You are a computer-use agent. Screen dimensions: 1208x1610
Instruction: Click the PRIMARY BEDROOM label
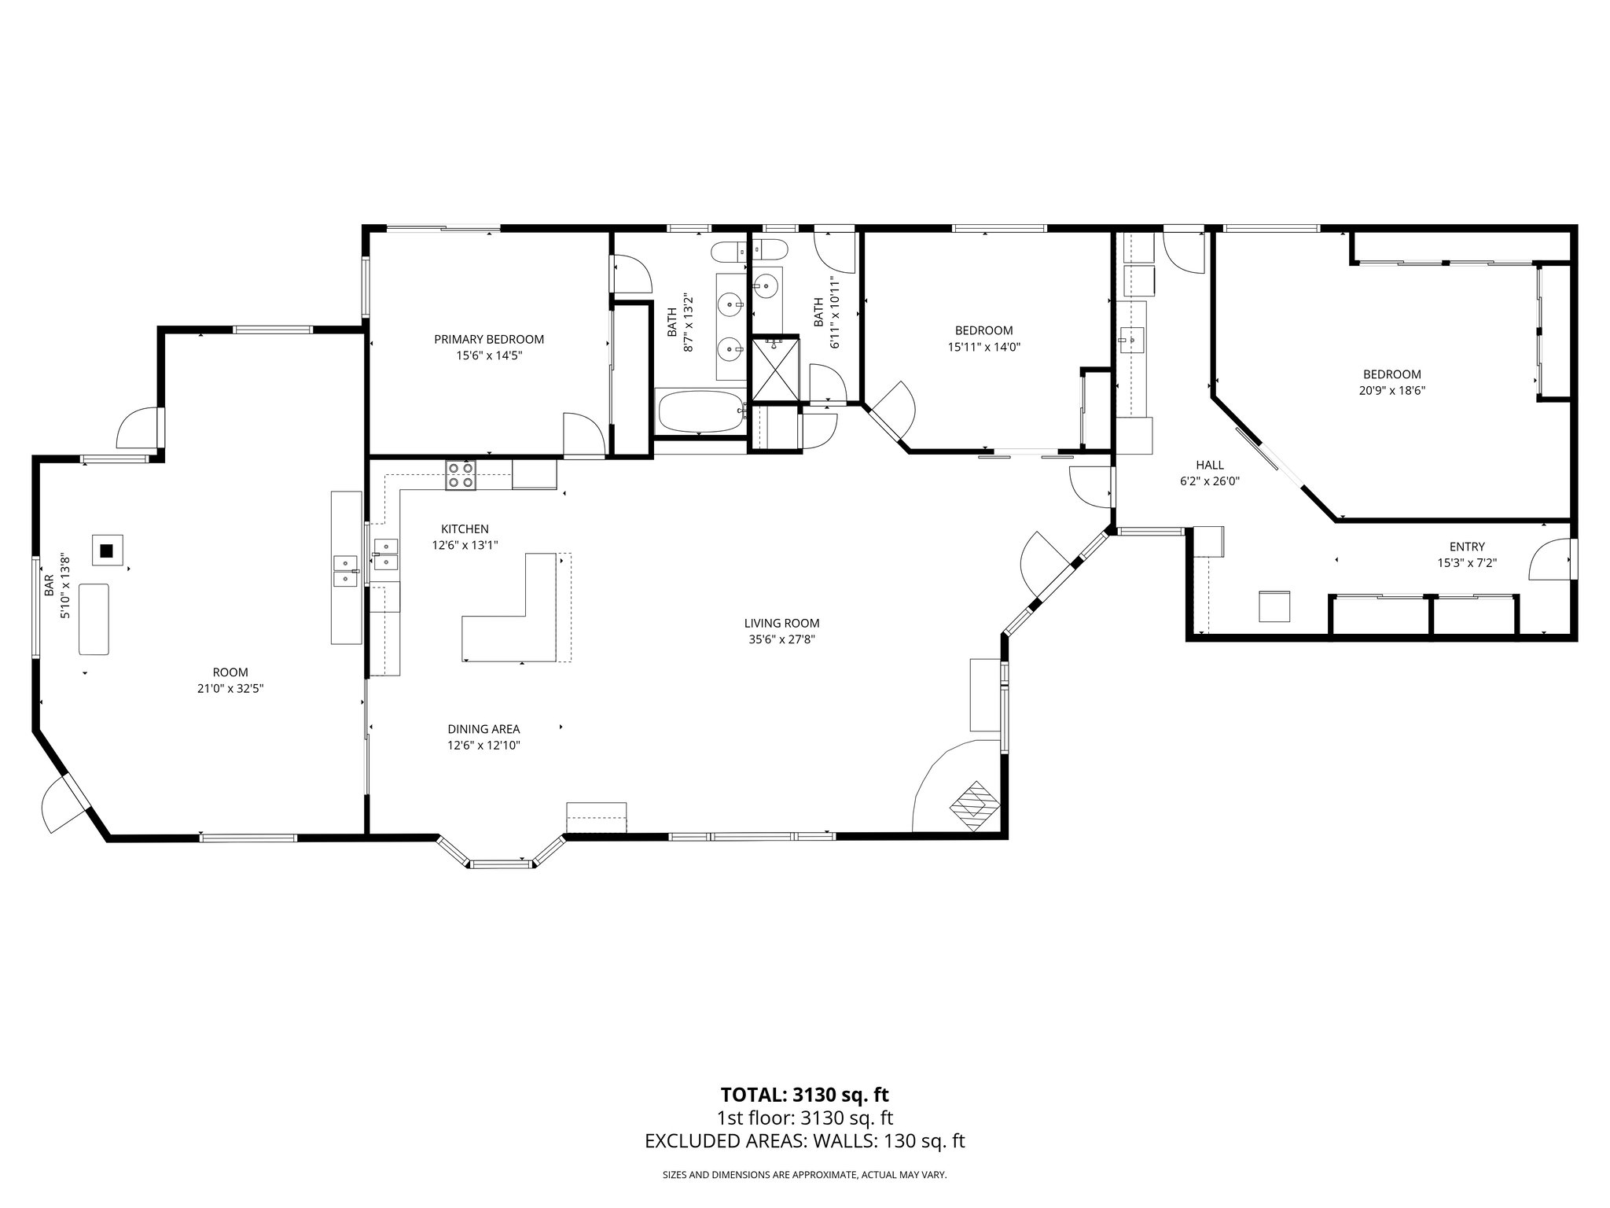pos(488,339)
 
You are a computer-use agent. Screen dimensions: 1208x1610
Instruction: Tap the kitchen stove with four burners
pos(461,475)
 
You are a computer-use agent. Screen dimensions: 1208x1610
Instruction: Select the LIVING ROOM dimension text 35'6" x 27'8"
pos(781,639)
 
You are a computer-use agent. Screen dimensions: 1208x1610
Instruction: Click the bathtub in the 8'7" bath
pos(700,412)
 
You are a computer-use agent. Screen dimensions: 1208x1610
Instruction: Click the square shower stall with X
pos(775,368)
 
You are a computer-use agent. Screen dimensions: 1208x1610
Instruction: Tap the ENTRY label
pos(1466,547)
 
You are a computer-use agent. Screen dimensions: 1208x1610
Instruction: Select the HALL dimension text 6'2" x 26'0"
pos(1209,481)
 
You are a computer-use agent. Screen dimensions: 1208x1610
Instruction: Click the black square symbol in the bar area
pos(107,551)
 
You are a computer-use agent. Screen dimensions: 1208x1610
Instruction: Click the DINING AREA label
pos(483,729)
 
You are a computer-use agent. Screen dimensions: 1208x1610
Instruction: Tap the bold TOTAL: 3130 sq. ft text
pos(804,1094)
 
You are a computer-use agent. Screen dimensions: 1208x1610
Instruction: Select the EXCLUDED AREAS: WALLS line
pos(804,1141)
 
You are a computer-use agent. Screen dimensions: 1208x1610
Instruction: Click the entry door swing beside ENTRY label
pos(1549,560)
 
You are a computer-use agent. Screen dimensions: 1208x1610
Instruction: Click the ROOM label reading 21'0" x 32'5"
pos(230,672)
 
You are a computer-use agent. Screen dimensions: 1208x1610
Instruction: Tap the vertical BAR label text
pos(49,585)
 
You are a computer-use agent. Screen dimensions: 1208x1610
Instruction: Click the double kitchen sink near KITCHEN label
pos(385,554)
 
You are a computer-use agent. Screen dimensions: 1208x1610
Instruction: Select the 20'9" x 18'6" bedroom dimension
pos(1391,390)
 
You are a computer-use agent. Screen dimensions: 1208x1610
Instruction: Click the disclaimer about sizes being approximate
pos(804,1175)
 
